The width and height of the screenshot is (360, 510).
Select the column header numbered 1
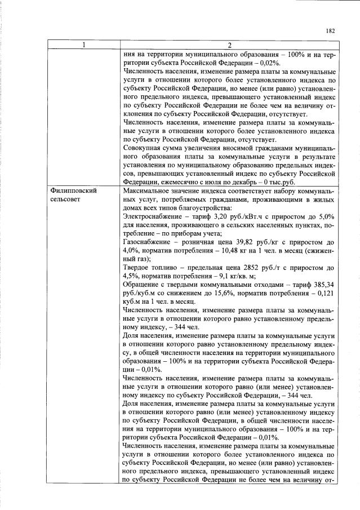click(83, 45)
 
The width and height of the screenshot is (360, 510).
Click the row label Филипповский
click(74, 191)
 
